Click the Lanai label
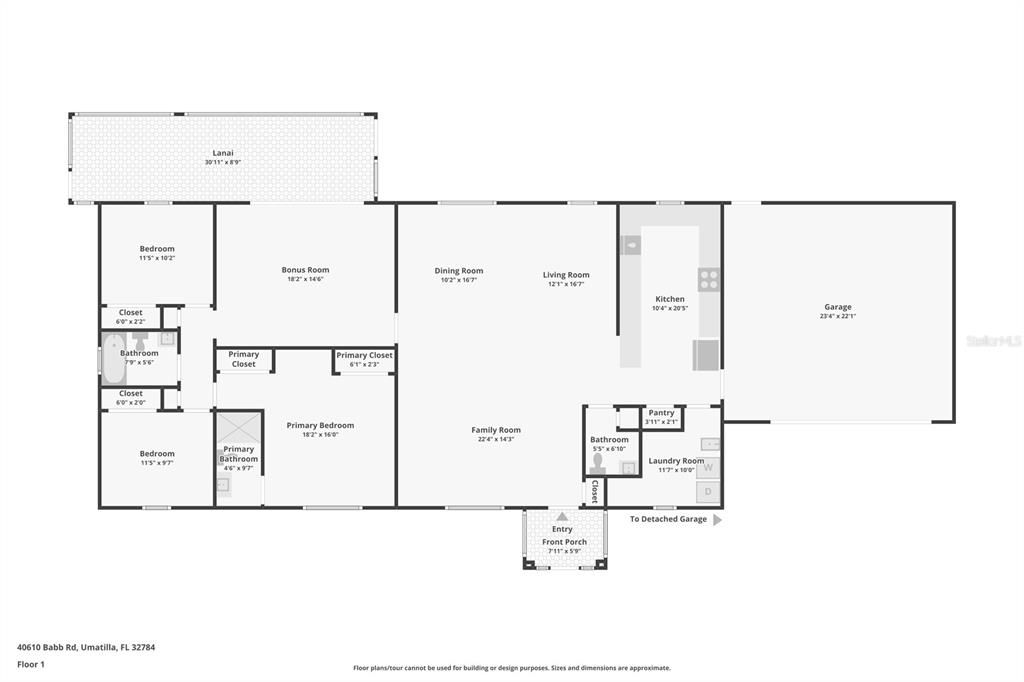222,153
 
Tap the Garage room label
838,307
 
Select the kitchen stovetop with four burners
709,279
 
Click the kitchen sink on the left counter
631,245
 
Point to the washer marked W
708,467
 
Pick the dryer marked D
708,491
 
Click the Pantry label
661,412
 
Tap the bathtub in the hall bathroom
112,360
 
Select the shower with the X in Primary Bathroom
238,427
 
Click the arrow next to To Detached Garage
716,520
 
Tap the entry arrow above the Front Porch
562,516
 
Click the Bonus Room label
305,270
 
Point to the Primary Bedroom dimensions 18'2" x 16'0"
320,434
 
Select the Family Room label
496,430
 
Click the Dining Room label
459,270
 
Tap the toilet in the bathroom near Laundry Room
599,462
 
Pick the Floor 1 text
31,664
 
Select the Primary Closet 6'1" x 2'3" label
364,355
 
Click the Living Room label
566,275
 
